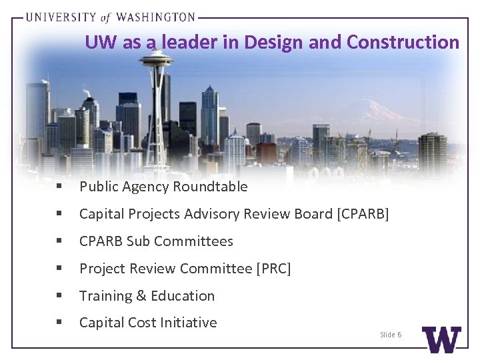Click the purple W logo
click(441, 339)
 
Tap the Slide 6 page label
click(391, 334)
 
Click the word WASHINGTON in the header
click(157, 17)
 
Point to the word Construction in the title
click(403, 43)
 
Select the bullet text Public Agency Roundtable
click(163, 187)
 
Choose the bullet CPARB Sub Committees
click(156, 241)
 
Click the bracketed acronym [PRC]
click(273, 269)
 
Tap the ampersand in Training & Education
click(140, 296)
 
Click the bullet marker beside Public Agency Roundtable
click(59, 187)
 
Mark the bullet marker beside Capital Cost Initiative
click(59, 323)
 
